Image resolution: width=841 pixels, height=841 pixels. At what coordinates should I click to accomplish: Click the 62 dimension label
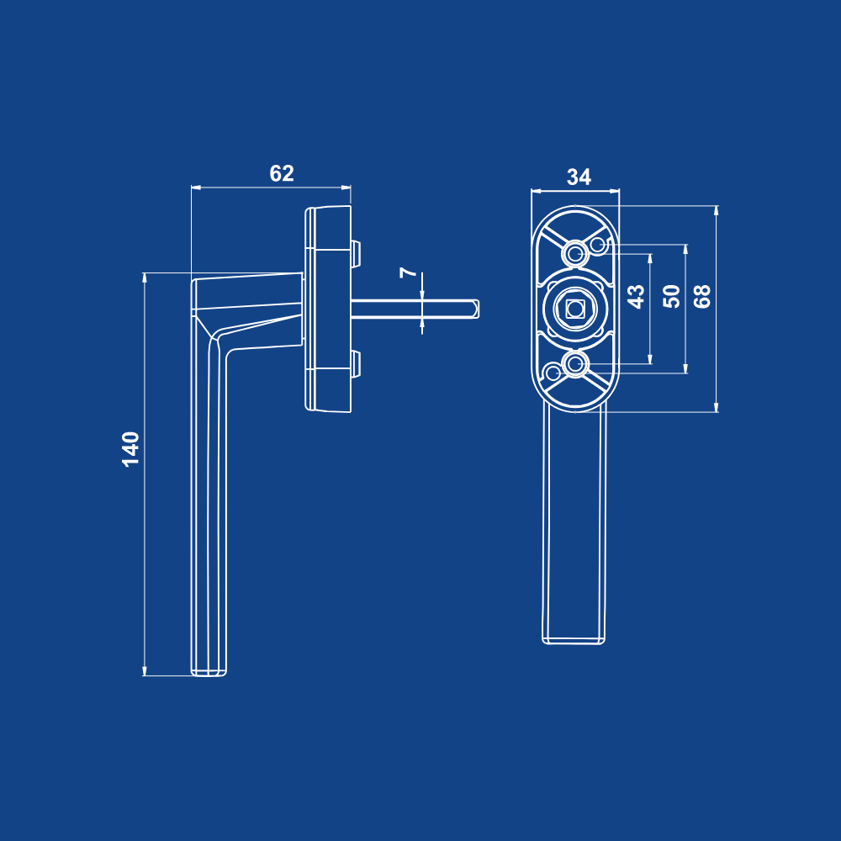(x=282, y=173)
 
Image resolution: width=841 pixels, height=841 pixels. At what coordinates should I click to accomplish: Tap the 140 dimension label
(x=131, y=449)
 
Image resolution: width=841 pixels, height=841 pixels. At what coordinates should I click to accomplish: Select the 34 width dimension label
(x=579, y=177)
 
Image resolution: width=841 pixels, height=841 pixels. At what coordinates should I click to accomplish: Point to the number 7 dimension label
(x=409, y=272)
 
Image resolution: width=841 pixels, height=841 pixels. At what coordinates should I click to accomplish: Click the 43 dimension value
(x=636, y=296)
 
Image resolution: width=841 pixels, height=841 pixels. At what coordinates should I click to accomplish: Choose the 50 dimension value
(x=671, y=296)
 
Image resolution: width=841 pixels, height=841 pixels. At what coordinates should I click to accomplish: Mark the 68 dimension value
(x=702, y=296)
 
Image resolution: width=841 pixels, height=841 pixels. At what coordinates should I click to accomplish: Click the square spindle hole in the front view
(x=575, y=309)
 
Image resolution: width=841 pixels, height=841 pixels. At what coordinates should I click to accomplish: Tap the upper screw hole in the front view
(x=575, y=253)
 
